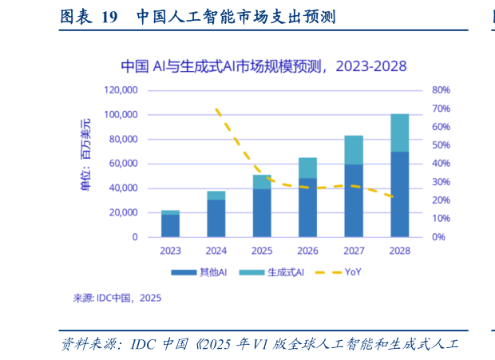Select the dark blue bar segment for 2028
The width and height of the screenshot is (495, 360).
click(399, 194)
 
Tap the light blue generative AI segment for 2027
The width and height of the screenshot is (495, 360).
click(354, 150)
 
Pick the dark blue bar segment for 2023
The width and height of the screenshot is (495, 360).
click(170, 226)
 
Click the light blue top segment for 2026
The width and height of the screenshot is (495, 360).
click(307, 168)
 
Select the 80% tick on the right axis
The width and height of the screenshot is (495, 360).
click(442, 90)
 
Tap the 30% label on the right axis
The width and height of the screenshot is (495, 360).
click(442, 182)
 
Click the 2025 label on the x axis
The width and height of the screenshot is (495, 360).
click(261, 251)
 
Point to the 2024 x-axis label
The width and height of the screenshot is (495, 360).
click(216, 251)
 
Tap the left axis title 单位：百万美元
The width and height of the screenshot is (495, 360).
click(85, 154)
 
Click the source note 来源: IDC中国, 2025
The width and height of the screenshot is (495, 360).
click(118, 298)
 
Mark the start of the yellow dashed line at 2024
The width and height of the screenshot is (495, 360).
click(216, 109)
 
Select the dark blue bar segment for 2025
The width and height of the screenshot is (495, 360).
click(262, 213)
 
